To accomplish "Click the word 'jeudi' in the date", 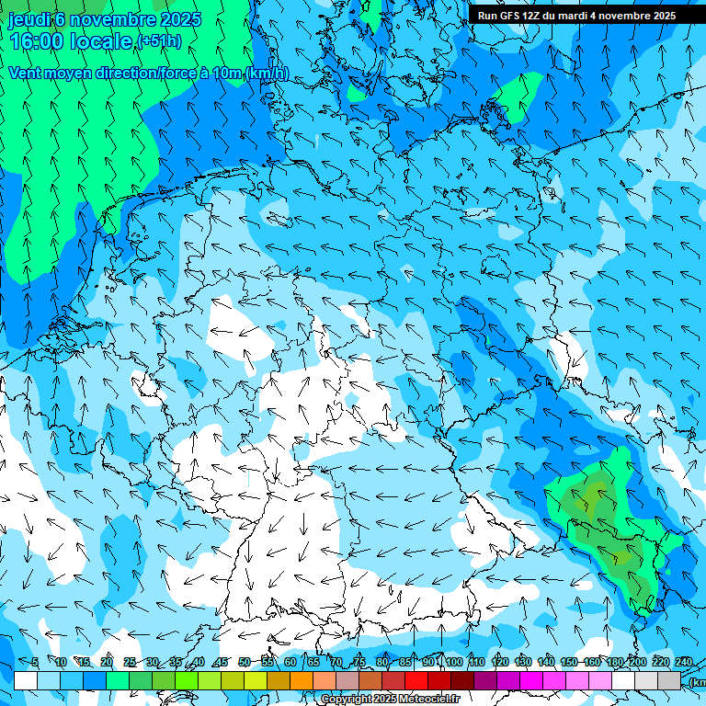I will pos(28,19).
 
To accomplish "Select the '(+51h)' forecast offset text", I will pos(158,41).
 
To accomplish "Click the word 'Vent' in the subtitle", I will pos(27,73).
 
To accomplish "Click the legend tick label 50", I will pos(245,663).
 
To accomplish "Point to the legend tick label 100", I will pos(453,663).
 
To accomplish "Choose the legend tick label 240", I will pos(684,663).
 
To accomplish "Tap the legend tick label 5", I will pos(35,663).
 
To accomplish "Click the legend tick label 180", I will pos(614,663).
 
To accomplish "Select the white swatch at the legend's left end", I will pos(26,680).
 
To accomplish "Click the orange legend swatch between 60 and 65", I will pos(302,680).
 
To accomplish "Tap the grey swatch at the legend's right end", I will pos(670,680).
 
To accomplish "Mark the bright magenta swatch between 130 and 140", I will pos(532,680).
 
